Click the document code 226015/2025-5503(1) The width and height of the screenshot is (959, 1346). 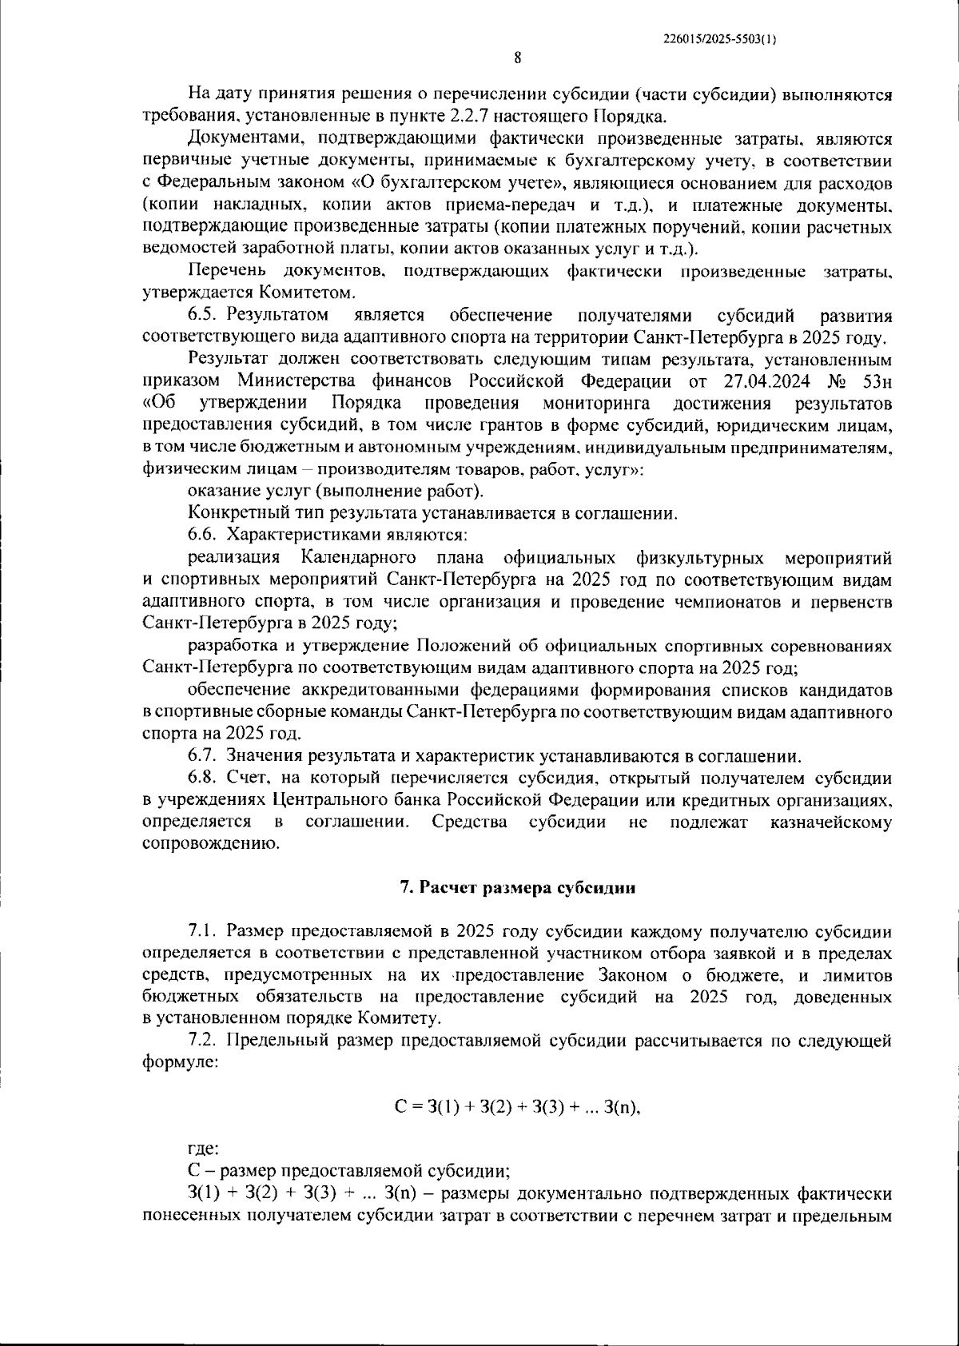tap(721, 38)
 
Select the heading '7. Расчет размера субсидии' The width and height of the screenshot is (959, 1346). tap(517, 888)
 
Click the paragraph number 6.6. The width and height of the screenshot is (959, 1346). tap(205, 534)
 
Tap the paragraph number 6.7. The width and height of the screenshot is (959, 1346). tap(205, 755)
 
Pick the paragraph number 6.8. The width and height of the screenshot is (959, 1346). tap(205, 778)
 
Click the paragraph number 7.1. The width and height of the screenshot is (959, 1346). tap(205, 931)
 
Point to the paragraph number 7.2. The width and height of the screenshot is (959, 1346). tap(205, 1041)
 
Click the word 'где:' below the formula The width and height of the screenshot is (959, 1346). tap(203, 1149)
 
